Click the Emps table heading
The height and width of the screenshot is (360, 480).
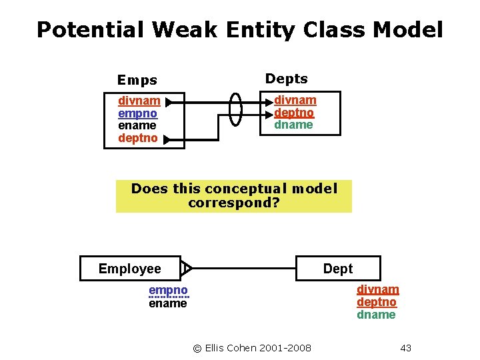pyautogui.click(x=137, y=81)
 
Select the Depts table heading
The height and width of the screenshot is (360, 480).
pyautogui.click(x=287, y=79)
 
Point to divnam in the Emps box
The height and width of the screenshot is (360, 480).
pyautogui.click(x=139, y=101)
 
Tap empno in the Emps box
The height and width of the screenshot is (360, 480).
pyautogui.click(x=137, y=113)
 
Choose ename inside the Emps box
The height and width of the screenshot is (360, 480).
pyautogui.click(x=137, y=125)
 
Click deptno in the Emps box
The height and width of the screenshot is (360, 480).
pyautogui.click(x=137, y=138)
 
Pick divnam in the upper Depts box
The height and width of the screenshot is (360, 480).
pyautogui.click(x=295, y=100)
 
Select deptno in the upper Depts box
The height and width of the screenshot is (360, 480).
pyautogui.click(x=294, y=112)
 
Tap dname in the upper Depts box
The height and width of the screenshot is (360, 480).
pyautogui.click(x=293, y=124)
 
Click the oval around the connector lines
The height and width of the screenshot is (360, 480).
pyautogui.click(x=236, y=108)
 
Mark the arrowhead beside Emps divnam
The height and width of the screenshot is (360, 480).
pyautogui.click(x=169, y=102)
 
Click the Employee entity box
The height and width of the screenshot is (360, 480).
pyautogui.click(x=130, y=269)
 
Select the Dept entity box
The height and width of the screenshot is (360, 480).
pyautogui.click(x=338, y=269)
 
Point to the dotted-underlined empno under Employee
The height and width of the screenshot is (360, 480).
pyautogui.click(x=168, y=291)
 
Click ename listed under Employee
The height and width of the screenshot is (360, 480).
pyautogui.click(x=168, y=303)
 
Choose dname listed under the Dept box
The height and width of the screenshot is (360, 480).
pyautogui.click(x=376, y=315)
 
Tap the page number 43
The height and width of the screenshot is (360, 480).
pyautogui.click(x=406, y=347)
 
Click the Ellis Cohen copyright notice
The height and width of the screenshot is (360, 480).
pyautogui.click(x=252, y=347)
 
